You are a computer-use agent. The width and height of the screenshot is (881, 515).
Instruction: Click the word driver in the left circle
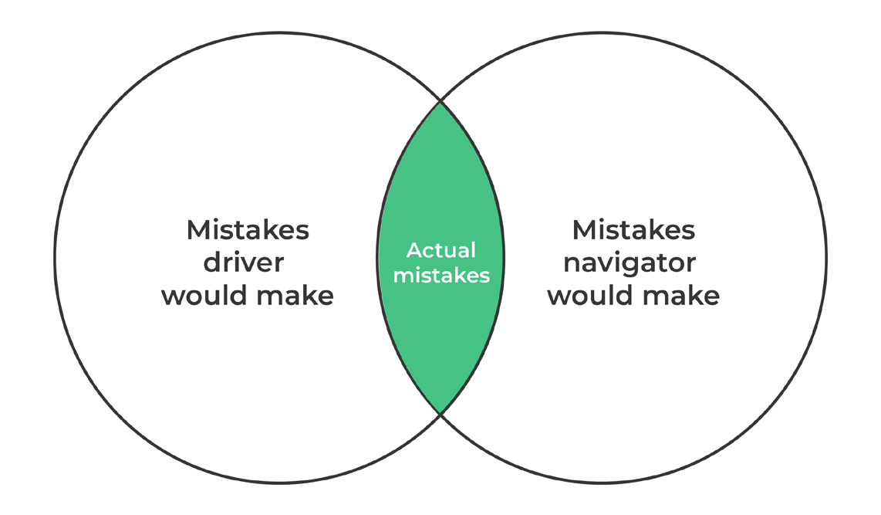coord(243,263)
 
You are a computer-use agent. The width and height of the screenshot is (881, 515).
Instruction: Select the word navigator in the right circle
coord(629,263)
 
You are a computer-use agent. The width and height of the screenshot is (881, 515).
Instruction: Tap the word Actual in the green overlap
coord(441,250)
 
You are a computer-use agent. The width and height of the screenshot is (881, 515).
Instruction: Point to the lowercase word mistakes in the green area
coord(441,275)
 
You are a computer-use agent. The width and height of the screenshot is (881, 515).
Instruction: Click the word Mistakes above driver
coord(248,229)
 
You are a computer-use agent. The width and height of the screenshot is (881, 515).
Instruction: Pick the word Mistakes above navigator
coord(633,229)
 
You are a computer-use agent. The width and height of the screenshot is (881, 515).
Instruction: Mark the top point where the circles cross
coord(440,101)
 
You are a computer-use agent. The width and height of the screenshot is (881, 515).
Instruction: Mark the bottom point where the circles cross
coord(440,414)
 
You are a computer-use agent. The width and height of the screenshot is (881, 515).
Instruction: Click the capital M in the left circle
coord(199,229)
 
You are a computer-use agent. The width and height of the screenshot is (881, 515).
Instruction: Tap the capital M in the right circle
coord(585,229)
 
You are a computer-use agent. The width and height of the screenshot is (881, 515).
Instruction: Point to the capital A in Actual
coord(413,250)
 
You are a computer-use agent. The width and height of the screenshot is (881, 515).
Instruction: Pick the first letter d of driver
coord(211,263)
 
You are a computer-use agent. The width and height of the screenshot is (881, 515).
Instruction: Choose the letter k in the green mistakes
coord(460,275)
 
